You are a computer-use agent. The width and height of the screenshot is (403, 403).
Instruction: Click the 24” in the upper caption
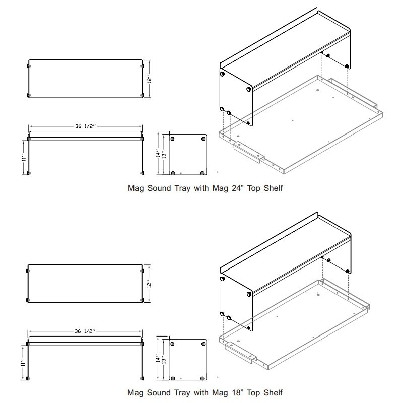point(237,188)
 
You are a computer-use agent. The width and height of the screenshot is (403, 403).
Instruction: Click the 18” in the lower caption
point(236,393)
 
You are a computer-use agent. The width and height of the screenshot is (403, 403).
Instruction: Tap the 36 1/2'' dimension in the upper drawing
point(85,126)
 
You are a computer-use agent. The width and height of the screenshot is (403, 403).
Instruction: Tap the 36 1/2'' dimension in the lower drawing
point(85,331)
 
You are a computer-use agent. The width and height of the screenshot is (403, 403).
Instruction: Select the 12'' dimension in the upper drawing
point(149,79)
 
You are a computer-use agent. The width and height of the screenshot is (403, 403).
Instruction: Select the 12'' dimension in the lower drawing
point(149,284)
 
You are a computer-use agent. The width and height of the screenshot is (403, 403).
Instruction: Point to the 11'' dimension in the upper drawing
point(24,158)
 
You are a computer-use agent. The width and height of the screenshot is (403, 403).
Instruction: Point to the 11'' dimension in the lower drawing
point(23,363)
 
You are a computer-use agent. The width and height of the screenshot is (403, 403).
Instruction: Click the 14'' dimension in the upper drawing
point(158,153)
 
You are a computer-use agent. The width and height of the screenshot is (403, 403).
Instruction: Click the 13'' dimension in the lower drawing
point(164,359)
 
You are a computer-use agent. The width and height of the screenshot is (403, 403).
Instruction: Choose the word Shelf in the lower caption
point(273,393)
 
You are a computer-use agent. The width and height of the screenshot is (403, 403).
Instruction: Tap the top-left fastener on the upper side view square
point(172,139)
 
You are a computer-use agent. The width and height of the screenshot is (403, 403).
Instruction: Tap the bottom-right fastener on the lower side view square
point(203,379)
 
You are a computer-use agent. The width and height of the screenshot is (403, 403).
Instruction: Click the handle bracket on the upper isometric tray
point(249,152)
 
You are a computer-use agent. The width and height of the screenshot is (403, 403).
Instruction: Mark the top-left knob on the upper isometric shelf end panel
point(222,74)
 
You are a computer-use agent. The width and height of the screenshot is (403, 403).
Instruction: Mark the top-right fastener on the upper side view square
point(204,139)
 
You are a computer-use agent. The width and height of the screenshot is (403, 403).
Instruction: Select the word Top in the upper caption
point(254,188)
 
